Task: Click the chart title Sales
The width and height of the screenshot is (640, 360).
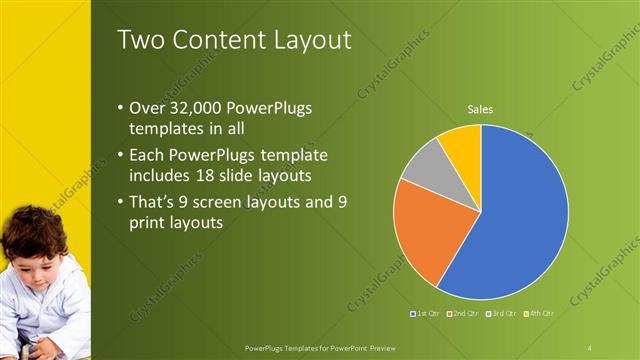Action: point(481,109)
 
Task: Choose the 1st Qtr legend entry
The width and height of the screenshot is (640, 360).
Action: point(424,313)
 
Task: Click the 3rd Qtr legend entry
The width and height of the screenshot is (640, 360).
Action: point(500,313)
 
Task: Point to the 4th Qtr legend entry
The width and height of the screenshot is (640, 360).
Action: point(537,313)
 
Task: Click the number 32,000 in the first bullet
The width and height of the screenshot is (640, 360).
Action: point(193,108)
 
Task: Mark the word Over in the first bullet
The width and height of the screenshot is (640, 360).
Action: point(146,108)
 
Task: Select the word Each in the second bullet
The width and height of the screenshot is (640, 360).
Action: point(146,155)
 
